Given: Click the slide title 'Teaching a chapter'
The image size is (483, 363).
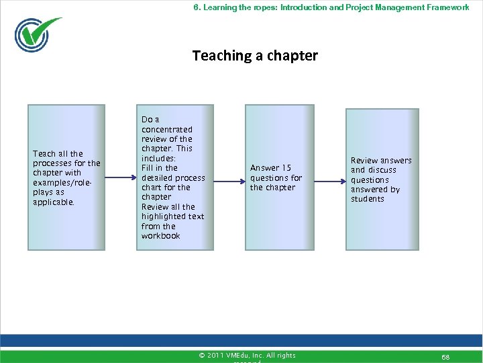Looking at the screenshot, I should pos(255,56).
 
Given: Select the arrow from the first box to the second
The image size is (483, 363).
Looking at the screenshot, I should pos(120,178).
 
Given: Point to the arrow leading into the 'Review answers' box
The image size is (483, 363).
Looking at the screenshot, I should pos(328,180).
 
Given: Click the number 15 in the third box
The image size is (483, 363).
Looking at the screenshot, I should pos(286,168).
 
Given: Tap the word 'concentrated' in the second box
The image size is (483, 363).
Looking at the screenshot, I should pos(167,130).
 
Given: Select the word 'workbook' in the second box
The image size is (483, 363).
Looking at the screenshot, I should pos(161,236).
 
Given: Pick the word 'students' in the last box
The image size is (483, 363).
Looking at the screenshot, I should pos(368,199).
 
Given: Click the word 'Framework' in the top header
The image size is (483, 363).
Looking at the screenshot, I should pos(449,7).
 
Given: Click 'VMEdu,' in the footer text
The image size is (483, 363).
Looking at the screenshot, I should pos(240,356).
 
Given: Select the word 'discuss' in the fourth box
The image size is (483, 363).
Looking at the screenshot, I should pos(382,170).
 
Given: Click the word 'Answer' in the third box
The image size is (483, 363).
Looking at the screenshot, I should pos(264,168).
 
